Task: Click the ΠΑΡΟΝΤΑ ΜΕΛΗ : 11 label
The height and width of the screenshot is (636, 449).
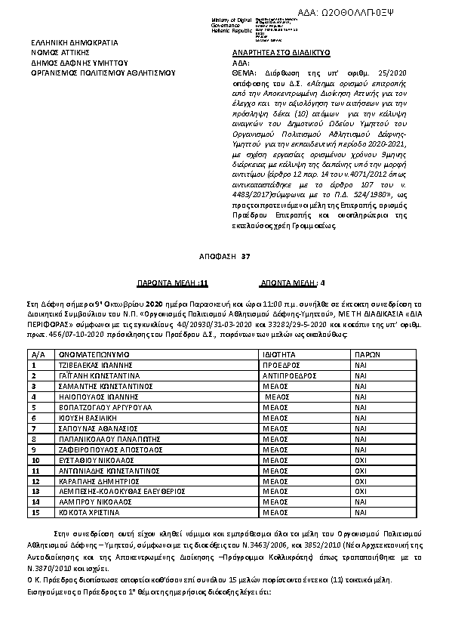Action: coord(171,282)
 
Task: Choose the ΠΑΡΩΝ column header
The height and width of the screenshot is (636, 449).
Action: coord(367,332)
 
